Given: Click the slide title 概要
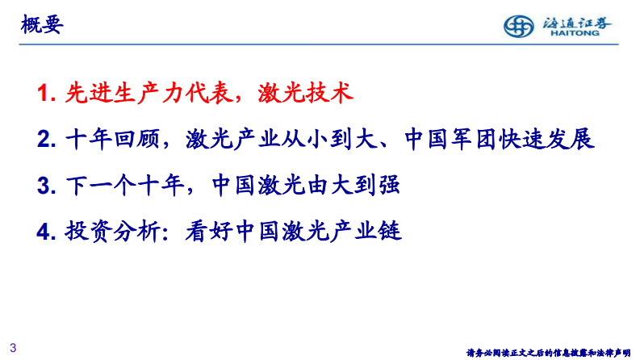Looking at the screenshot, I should tap(41, 26).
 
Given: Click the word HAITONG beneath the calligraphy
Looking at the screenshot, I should tap(574, 34).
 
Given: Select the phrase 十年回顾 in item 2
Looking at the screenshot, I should tap(111, 140).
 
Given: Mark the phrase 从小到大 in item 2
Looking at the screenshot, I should tap(332, 140).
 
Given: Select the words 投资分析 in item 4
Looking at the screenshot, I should tap(111, 232).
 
